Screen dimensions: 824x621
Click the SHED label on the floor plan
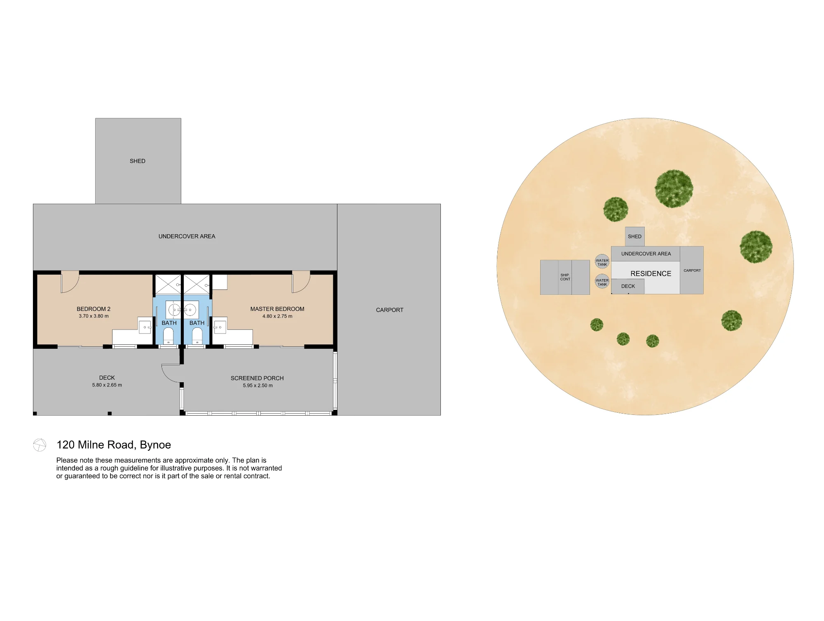(x=138, y=161)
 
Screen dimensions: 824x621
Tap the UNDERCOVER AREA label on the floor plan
(x=187, y=236)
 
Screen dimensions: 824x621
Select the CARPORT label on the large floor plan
(x=390, y=310)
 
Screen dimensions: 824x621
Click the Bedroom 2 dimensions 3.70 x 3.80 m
(x=94, y=316)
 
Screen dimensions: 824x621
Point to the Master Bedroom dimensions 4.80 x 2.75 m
(x=277, y=316)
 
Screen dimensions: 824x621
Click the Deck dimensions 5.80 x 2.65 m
(x=107, y=385)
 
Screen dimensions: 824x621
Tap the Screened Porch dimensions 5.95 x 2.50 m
(x=258, y=386)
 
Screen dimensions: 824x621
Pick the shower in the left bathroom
(x=168, y=285)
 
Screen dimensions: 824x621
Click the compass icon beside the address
(x=40, y=445)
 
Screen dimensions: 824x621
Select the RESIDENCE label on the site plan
(x=651, y=274)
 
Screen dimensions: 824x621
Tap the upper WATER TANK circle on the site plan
(x=602, y=261)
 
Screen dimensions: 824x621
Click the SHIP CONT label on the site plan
(x=565, y=277)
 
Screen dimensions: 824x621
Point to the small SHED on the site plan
(x=635, y=237)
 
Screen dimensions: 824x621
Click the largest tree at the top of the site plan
(x=674, y=188)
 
